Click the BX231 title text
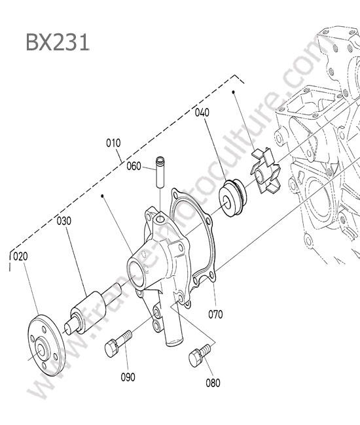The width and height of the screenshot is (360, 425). [x=58, y=42]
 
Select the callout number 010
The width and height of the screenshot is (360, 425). [x=113, y=143]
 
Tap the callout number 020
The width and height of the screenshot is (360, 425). [x=20, y=256]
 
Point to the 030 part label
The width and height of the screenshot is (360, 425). [x=63, y=221]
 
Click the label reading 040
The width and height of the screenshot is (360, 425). [x=202, y=112]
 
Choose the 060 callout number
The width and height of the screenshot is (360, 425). [x=134, y=166]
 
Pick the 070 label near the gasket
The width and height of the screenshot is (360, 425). [x=215, y=314]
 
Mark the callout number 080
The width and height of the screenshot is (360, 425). [x=213, y=383]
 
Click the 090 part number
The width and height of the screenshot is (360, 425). [x=128, y=377]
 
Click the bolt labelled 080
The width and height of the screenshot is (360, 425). [x=199, y=355]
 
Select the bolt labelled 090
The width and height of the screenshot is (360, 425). [x=117, y=343]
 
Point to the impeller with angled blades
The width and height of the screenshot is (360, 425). [x=266, y=171]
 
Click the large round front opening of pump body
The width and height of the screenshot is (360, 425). [x=136, y=275]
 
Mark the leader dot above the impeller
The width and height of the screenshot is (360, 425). [x=233, y=92]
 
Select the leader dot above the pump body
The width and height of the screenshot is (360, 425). [x=102, y=195]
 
